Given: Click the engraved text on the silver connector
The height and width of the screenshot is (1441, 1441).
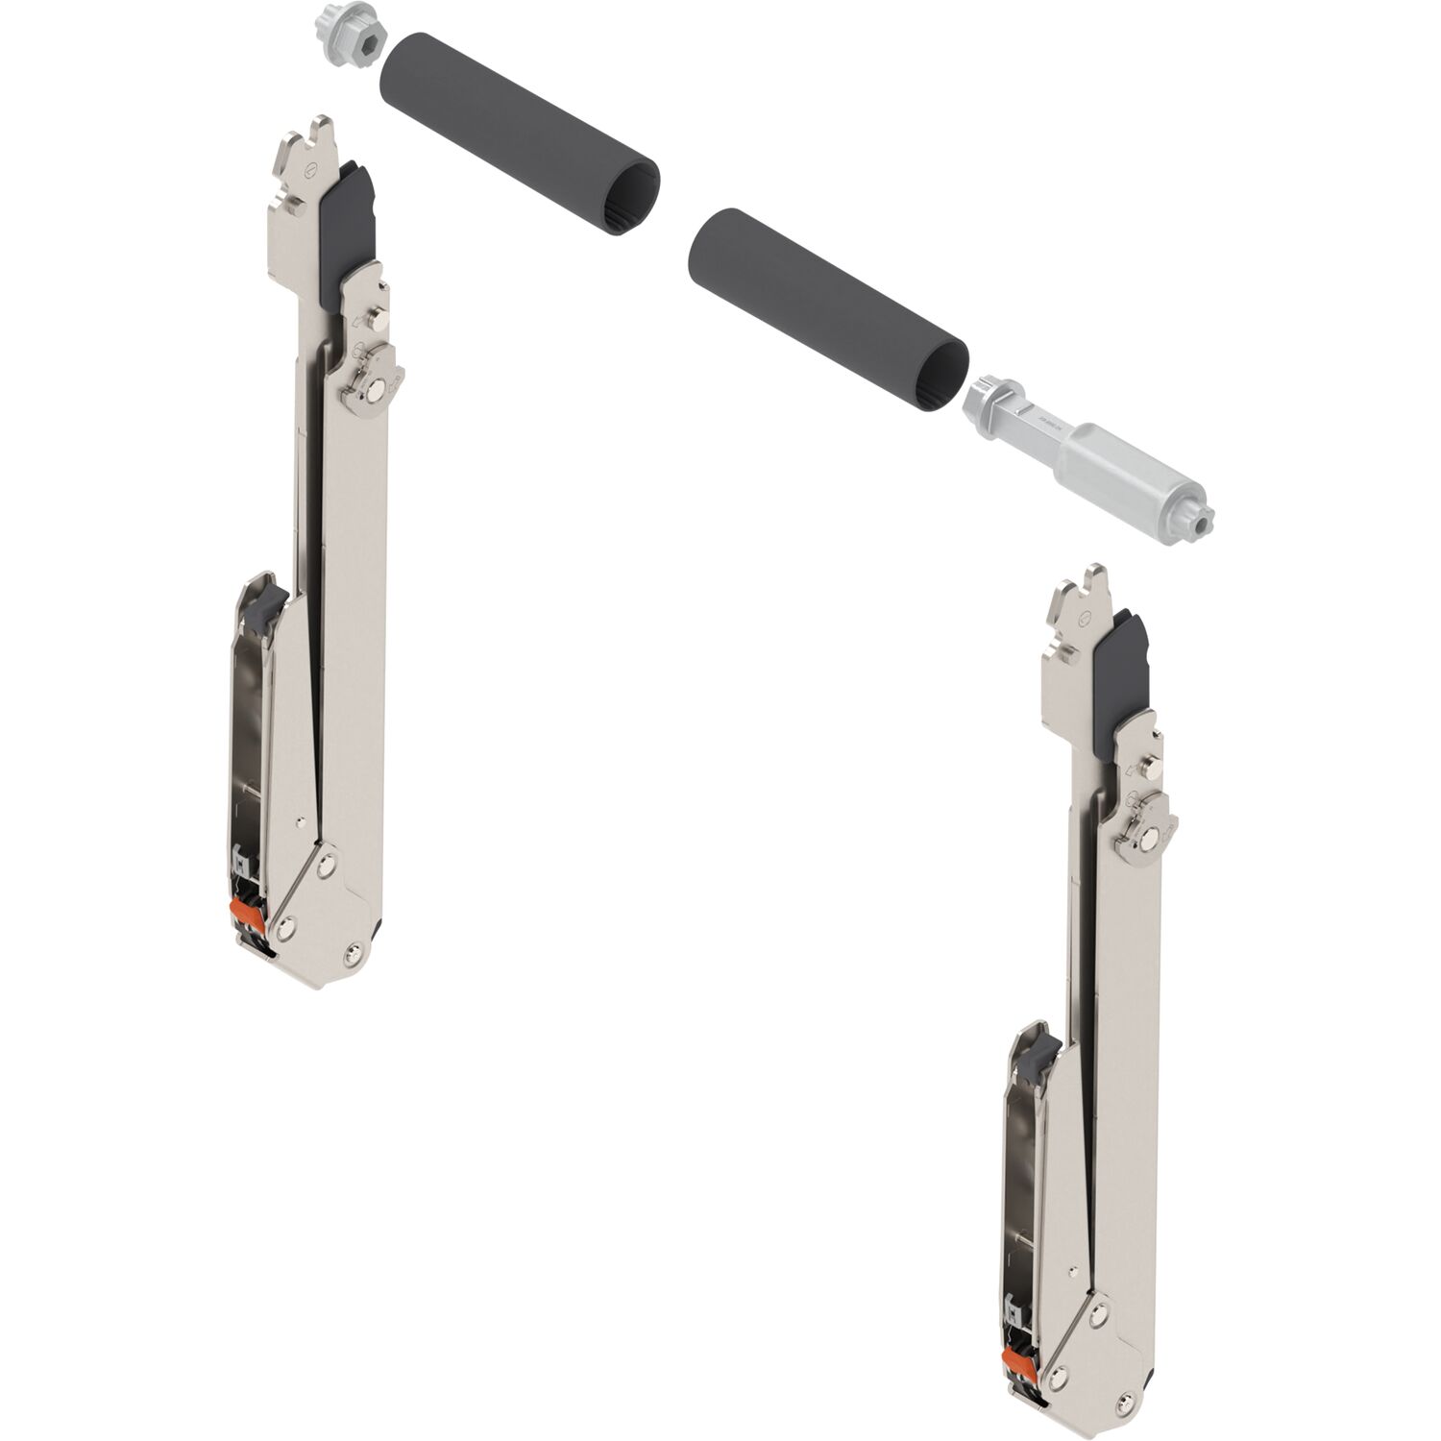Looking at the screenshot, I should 1042,425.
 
